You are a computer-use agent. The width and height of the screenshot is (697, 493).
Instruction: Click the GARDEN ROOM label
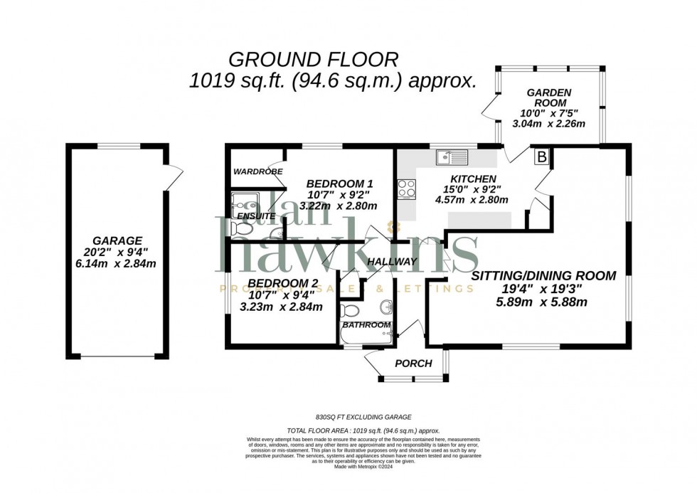click(x=548, y=98)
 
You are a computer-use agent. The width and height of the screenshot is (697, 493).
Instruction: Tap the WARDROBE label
click(x=257, y=171)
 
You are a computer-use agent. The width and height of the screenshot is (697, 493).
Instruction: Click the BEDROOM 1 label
click(x=339, y=183)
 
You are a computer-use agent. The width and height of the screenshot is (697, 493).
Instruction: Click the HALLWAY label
click(x=391, y=262)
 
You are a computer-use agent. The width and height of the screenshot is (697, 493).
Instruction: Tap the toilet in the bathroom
click(x=350, y=311)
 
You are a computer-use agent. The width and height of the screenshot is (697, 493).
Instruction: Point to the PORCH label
click(x=413, y=364)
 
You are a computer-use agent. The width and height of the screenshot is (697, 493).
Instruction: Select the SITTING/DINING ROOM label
click(x=543, y=275)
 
